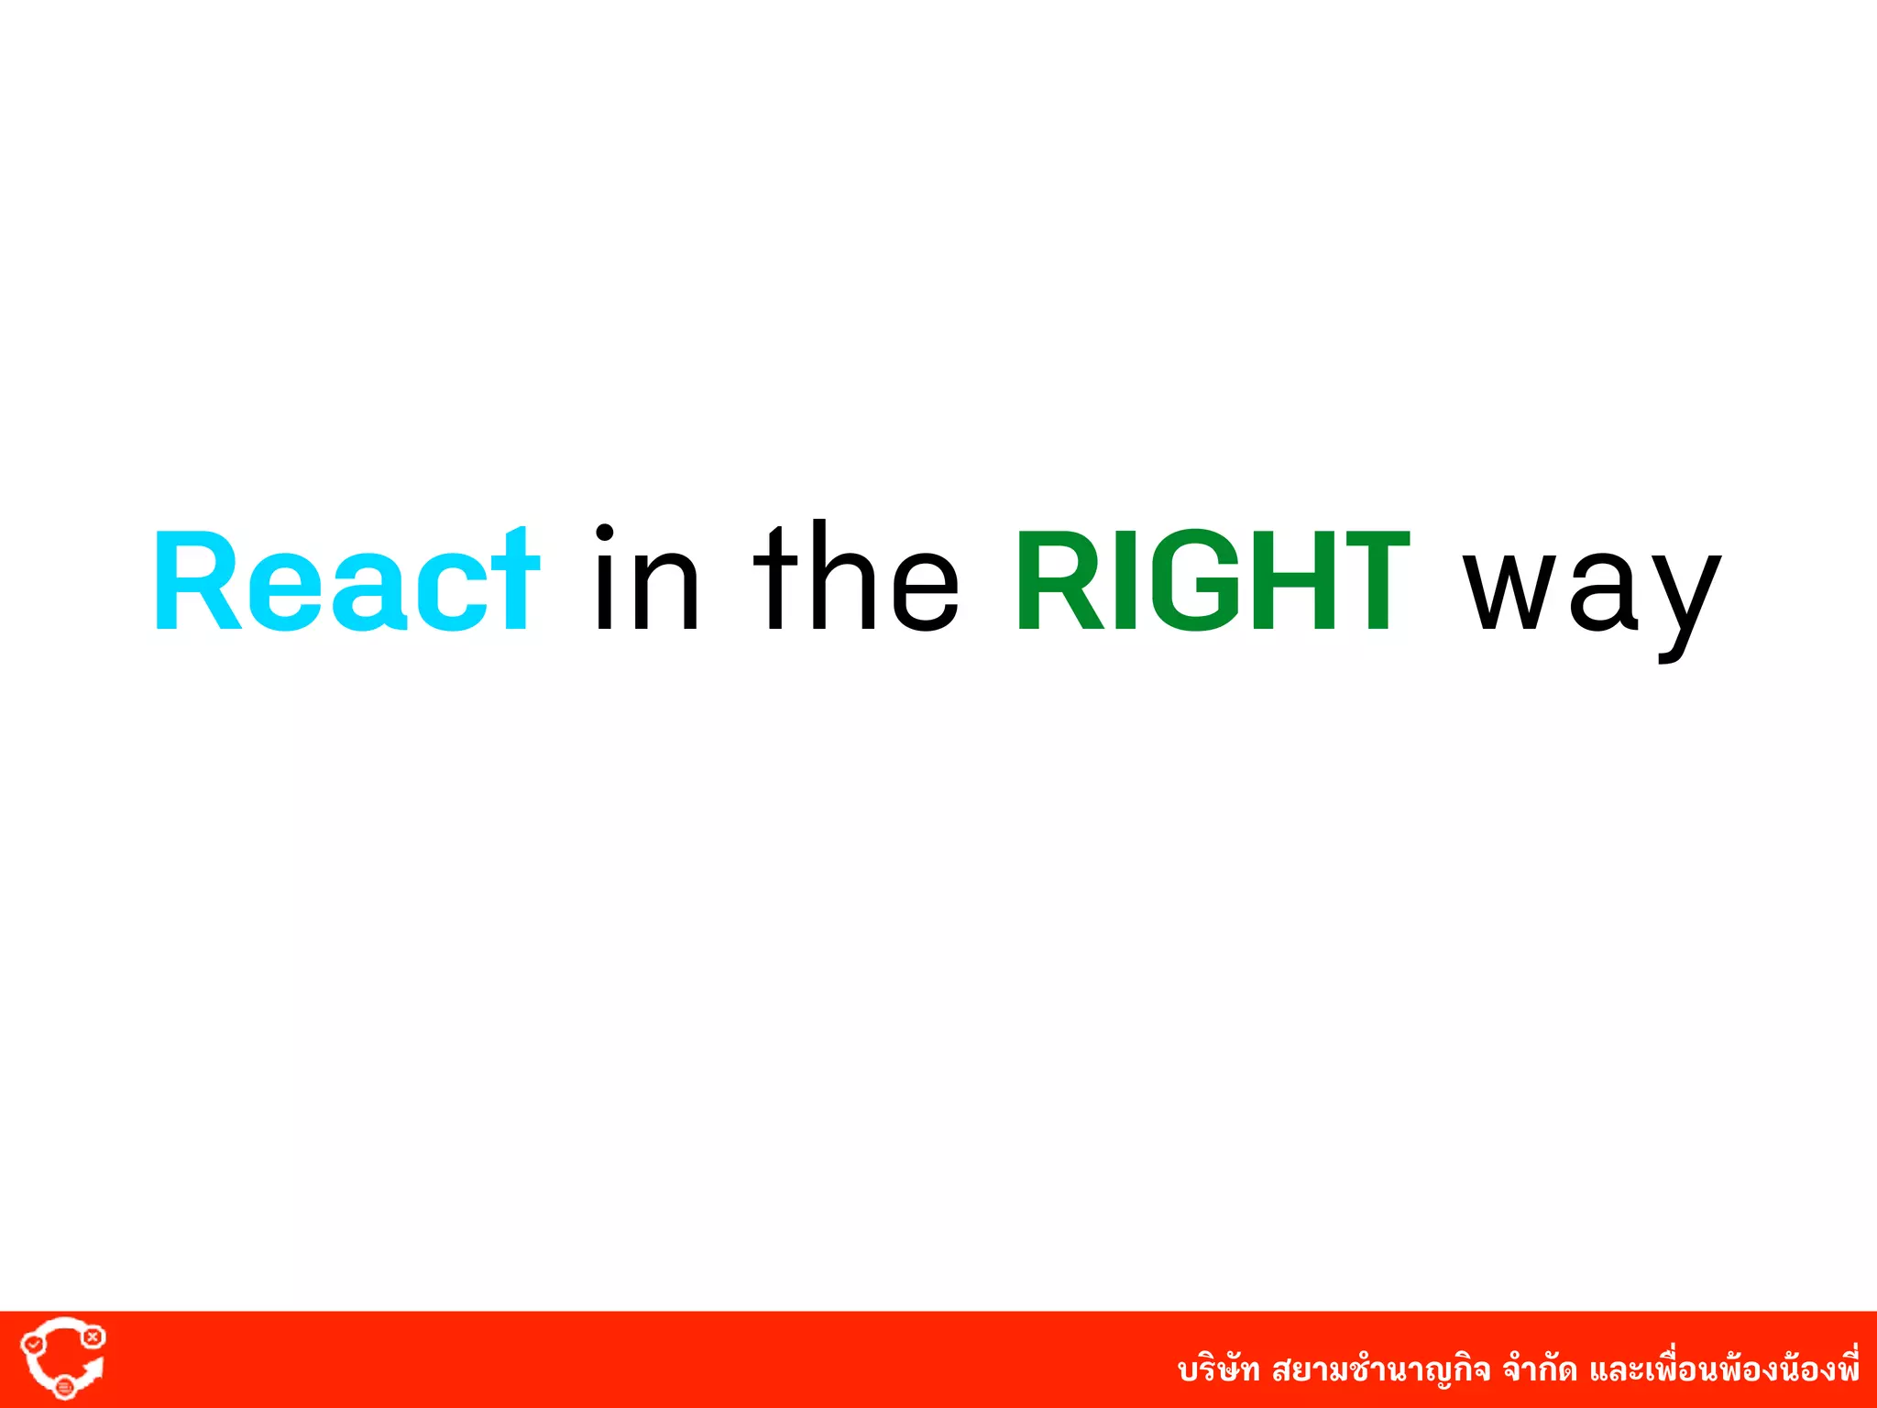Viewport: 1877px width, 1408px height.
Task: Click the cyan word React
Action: (346, 581)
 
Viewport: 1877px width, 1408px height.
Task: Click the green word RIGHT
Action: (1212, 581)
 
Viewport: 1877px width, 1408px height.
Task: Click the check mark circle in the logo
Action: (34, 1344)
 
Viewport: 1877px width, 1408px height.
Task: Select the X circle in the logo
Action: (93, 1337)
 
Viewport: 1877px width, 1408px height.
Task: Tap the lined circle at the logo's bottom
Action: (64, 1388)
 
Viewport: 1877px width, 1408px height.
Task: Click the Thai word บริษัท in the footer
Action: (1218, 1370)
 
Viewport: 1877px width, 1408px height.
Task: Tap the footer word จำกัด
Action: (1540, 1370)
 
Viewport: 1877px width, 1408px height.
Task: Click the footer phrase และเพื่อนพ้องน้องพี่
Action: (1724, 1369)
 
